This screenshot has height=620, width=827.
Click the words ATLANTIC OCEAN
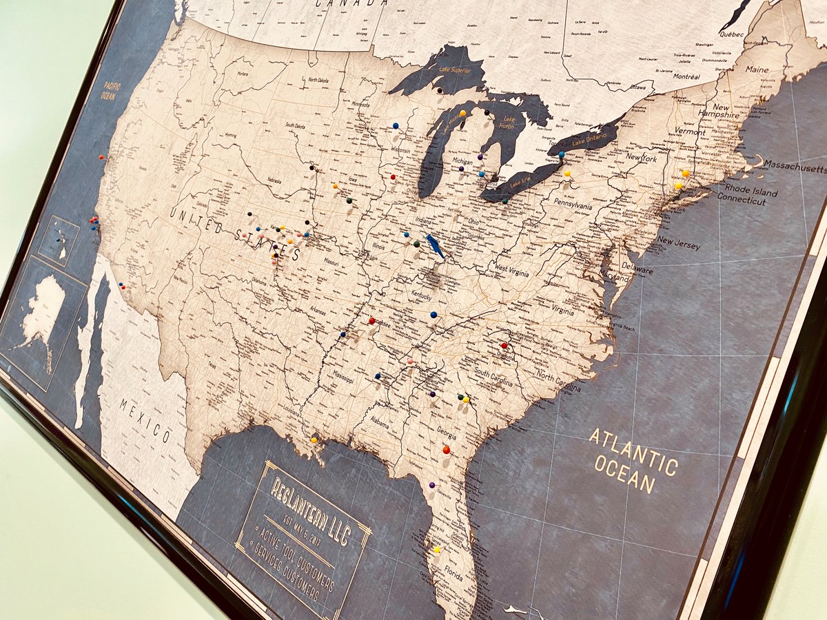(633, 460)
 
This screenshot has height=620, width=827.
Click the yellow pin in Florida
(436, 549)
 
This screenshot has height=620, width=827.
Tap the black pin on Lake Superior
(439, 90)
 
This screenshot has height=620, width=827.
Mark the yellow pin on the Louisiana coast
(314, 439)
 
